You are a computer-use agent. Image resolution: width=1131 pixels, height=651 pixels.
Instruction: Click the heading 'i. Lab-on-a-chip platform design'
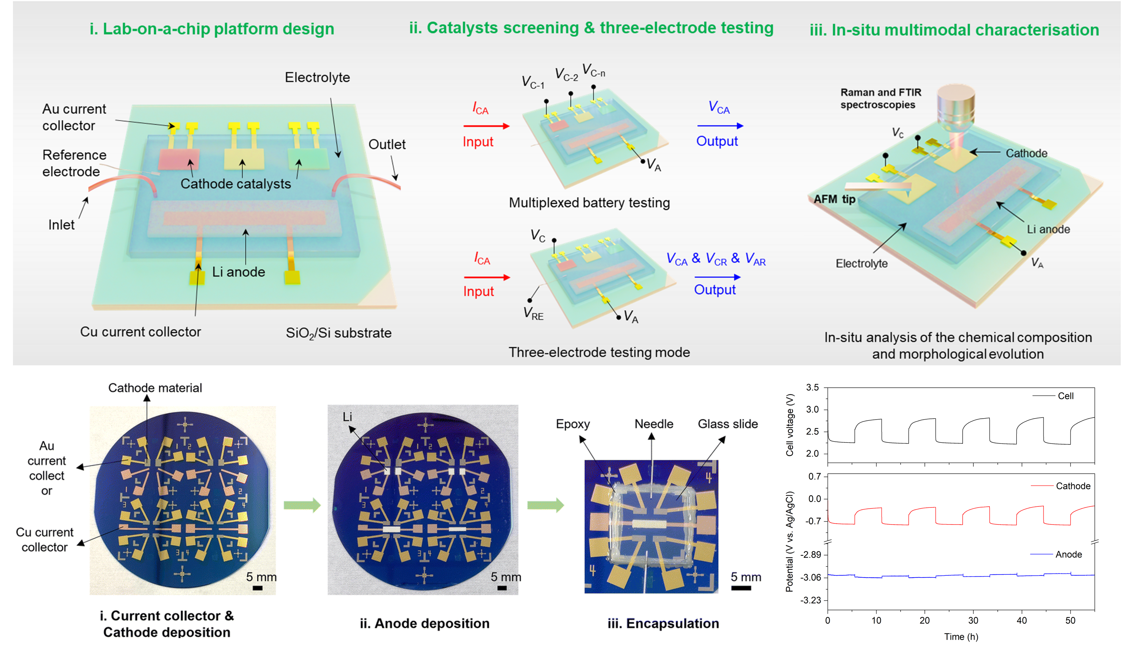tap(212, 29)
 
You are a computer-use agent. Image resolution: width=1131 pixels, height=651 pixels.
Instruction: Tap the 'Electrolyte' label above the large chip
tap(317, 77)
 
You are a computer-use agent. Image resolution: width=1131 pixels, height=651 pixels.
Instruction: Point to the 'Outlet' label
tap(386, 144)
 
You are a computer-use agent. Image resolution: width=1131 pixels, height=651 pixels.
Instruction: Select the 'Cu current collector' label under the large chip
tap(140, 332)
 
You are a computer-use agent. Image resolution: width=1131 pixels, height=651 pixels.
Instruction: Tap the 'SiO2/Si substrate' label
tap(338, 333)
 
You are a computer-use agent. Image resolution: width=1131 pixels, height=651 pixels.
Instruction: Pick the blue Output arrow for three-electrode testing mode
tap(717, 277)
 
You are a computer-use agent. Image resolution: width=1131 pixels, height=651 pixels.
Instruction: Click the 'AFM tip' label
tap(834, 199)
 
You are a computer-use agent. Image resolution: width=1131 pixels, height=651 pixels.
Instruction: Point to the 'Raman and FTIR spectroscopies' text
tap(880, 98)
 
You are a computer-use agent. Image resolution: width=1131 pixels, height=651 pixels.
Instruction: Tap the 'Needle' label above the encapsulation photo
tap(653, 424)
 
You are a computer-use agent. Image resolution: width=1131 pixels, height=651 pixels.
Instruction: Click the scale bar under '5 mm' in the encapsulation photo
tap(741, 588)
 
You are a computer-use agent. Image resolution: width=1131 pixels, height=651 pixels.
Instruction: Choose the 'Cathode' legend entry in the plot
tap(1073, 486)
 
